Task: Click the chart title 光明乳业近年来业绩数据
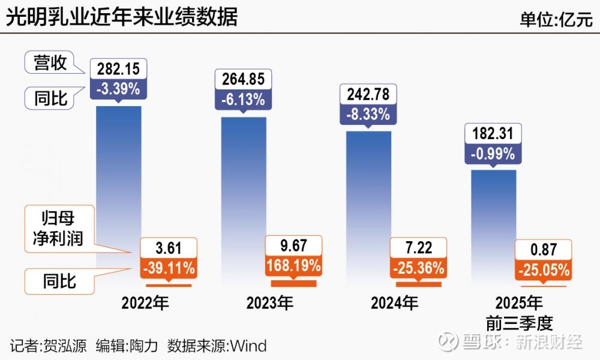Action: tap(122, 17)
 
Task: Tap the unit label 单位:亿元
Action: tap(556, 19)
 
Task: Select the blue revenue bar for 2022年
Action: tap(118, 180)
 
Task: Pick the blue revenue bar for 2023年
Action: tap(244, 186)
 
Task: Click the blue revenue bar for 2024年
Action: tap(369, 192)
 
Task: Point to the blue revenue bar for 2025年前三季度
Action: tap(493, 216)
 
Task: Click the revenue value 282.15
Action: tap(118, 68)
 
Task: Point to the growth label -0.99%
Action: tap(493, 153)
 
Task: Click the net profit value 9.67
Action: tap(293, 246)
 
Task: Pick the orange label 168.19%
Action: tap(293, 265)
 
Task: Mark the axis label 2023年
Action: tap(270, 303)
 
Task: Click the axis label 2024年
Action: tap(394, 303)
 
